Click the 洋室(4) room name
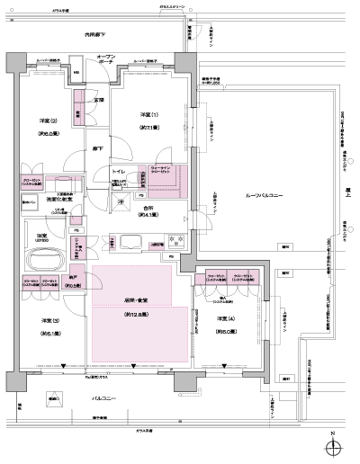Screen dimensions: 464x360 (225, 320)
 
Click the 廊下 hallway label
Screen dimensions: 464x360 (94, 148)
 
